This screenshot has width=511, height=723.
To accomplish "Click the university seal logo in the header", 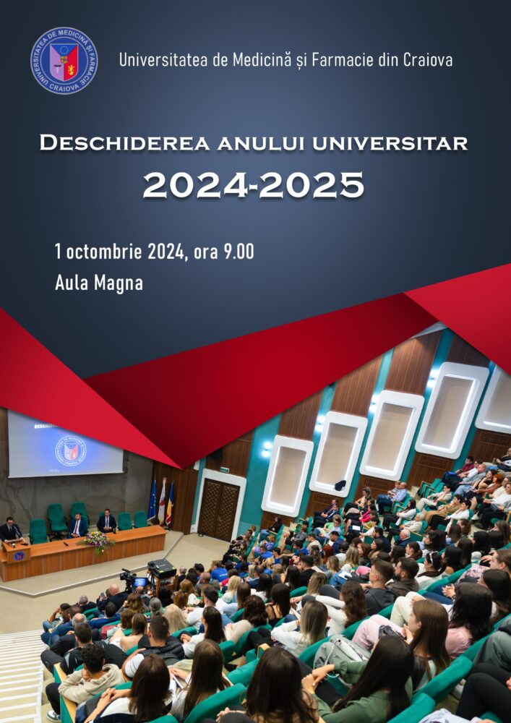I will (x=64, y=60).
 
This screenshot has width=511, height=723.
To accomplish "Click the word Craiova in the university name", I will (x=426, y=60).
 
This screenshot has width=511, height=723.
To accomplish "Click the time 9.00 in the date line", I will (x=239, y=252).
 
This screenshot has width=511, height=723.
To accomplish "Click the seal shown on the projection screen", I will (x=70, y=450).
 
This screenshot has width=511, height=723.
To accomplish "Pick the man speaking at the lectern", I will (x=10, y=531).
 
